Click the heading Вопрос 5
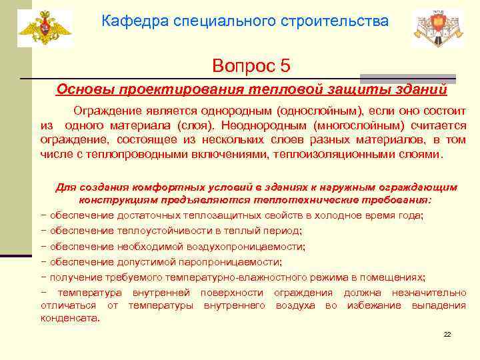(251, 65)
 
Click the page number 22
(447, 334)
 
